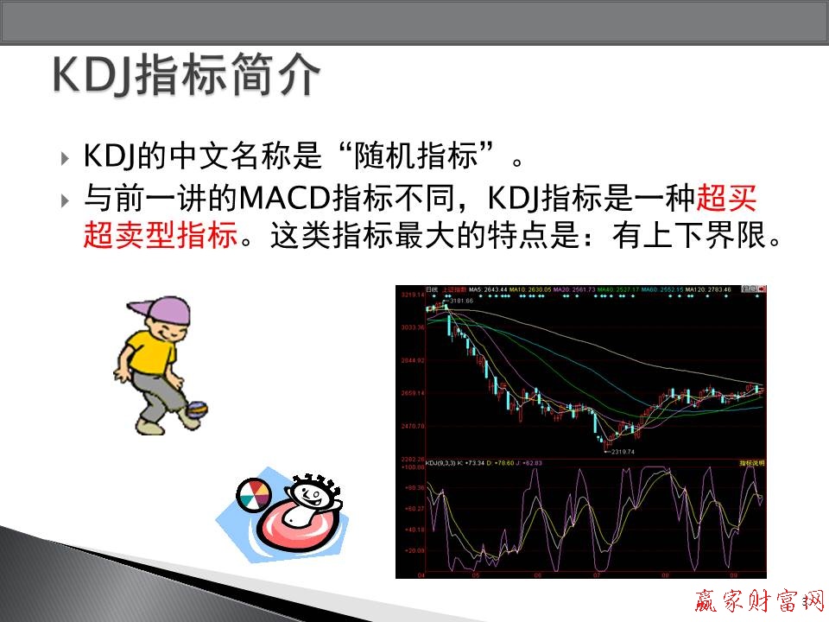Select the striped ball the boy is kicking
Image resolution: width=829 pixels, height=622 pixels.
[197, 409]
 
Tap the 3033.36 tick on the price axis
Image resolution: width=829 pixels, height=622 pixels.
[411, 327]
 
